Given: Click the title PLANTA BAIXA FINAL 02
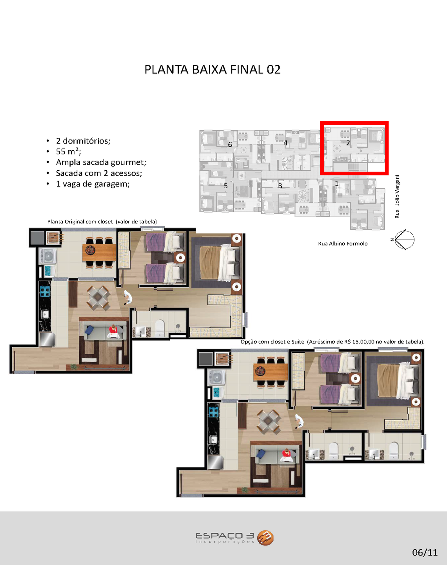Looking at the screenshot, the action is [x=213, y=69].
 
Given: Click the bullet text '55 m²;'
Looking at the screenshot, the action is [x=69, y=151].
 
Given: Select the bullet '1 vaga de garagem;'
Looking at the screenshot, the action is [x=93, y=184].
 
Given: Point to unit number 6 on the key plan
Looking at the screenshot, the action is [x=230, y=145].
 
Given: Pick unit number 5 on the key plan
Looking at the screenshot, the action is [x=226, y=186].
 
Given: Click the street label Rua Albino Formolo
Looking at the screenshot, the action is [x=343, y=244].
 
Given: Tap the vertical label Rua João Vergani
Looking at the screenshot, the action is [x=397, y=197].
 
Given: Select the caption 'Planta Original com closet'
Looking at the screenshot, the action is [x=80, y=222].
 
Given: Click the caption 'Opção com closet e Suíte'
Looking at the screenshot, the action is [x=273, y=342].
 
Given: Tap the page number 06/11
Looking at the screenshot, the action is [x=425, y=552].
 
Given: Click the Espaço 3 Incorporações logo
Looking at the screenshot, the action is [x=234, y=538].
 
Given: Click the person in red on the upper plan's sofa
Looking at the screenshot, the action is [x=113, y=331].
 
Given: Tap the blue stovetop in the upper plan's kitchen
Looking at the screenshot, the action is [x=45, y=291].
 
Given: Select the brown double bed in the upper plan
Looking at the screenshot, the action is [x=220, y=262].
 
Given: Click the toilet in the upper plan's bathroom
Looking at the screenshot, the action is [x=160, y=328].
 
